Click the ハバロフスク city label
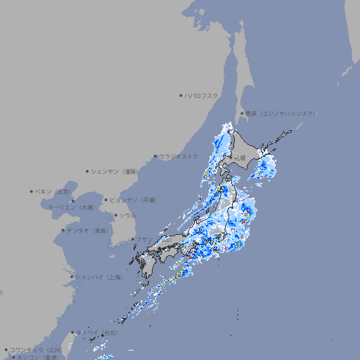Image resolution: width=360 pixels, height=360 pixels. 202,95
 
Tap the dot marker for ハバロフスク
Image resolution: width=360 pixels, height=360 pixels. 181,95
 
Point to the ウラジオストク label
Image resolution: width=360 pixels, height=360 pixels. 179,156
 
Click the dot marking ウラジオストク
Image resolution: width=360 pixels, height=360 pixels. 156,157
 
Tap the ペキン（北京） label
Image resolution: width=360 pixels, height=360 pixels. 54,191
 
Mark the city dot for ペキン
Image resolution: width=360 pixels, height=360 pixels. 32,191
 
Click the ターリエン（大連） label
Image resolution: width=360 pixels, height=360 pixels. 70,207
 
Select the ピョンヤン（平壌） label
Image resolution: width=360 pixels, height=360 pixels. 133,200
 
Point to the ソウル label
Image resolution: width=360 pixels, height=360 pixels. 127,215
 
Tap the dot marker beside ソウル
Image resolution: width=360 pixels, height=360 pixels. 115,215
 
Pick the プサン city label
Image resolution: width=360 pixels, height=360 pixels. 144,240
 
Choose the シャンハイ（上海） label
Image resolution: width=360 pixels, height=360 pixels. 98,277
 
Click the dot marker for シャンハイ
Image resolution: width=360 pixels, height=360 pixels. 72,277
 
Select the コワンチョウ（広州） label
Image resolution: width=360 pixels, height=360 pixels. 35,349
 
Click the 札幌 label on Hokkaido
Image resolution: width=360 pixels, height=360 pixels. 240,158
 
